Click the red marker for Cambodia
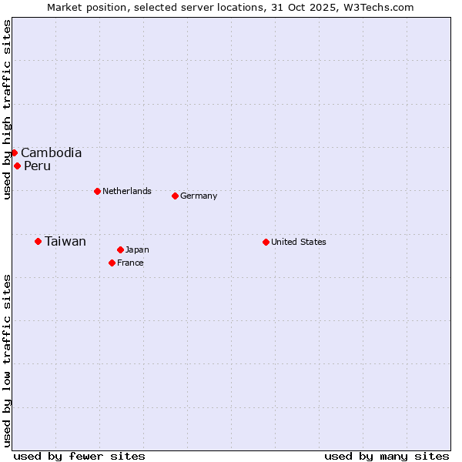pos(14,152)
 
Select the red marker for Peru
pos(17,166)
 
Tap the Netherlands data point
pos(97,191)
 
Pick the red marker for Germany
pos(175,196)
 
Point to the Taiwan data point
pos(38,241)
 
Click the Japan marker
pos(120,249)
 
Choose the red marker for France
pos(112,263)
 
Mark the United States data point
pos(266,242)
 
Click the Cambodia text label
pos(51,152)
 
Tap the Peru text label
pos(37,166)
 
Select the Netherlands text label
pos(127,191)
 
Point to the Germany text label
pos(199,196)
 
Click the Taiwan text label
pos(65,241)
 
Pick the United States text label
pos(299,242)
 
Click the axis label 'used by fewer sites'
pos(79,456)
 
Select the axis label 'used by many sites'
pos(387,456)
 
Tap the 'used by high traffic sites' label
pos(7,110)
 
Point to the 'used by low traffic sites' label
pos(7,360)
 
